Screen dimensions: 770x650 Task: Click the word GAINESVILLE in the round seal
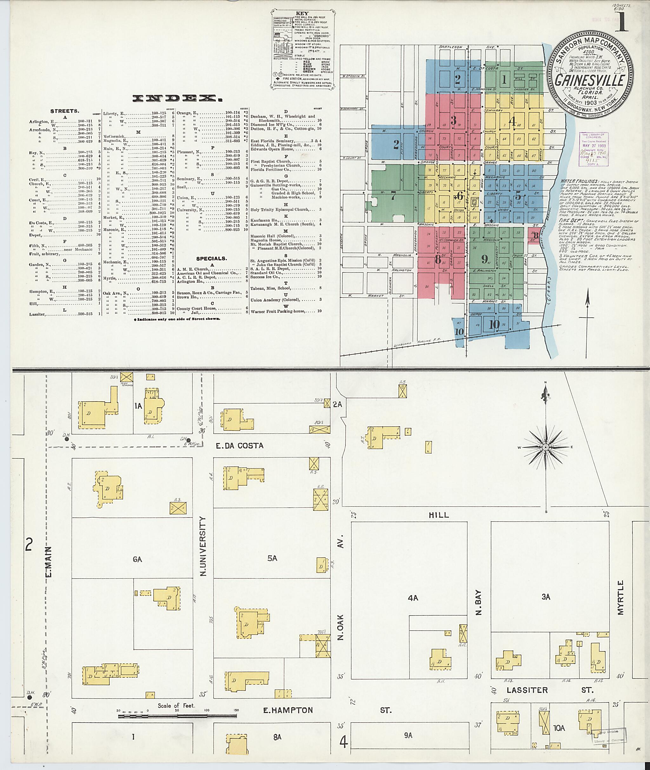(590, 80)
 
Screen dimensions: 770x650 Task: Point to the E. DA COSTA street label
(240, 446)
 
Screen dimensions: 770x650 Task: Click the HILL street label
(439, 515)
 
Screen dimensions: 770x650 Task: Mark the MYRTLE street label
(620, 603)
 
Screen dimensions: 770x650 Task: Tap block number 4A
(413, 598)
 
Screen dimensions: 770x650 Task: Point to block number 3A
(546, 597)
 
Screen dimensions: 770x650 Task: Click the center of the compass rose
(546, 447)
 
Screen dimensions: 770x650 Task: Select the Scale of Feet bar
(177, 716)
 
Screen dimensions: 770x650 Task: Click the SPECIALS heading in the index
(211, 259)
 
